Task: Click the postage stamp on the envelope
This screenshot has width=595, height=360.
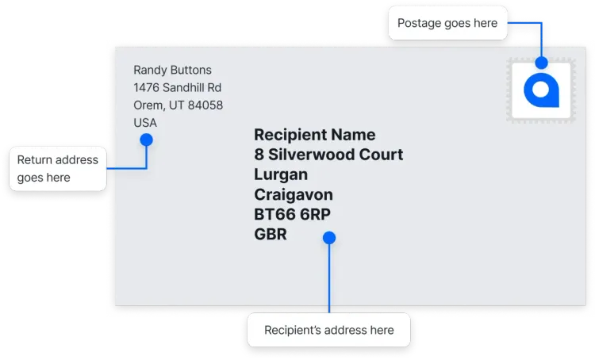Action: coord(541,92)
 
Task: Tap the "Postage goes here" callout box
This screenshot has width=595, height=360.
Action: coord(447,23)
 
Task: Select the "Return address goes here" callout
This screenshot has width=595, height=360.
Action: coord(57,168)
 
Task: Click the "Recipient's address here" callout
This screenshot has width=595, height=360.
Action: coord(328,330)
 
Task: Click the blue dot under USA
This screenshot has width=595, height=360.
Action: coord(146,140)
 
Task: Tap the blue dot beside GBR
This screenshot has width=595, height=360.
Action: coord(329,237)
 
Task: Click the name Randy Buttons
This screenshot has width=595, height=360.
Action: coord(172,70)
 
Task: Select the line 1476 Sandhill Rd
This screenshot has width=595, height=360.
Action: coord(177,87)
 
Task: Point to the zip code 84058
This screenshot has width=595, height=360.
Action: coord(205,105)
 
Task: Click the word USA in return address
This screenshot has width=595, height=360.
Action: coord(145,123)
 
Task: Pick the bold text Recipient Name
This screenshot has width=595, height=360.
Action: coord(314,135)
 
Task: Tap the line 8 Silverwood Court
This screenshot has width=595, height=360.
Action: coord(328,155)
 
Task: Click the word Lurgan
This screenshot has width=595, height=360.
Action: coord(281,174)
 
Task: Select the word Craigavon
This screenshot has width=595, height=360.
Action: coord(294,194)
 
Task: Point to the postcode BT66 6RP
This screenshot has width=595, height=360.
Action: coord(292,214)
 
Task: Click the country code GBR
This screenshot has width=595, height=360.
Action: coord(271,234)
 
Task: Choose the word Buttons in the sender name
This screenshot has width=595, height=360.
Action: coord(190,70)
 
